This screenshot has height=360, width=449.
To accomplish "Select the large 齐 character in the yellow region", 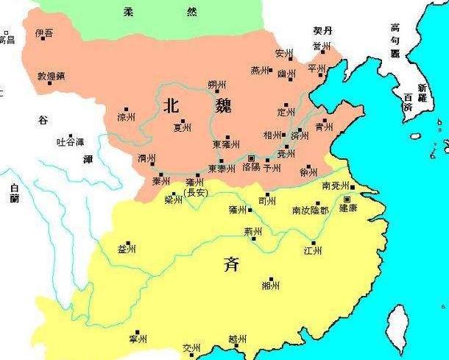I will (230, 264).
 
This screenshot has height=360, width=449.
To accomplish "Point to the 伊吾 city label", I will (45, 33).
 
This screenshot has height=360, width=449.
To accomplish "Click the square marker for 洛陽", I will (252, 158).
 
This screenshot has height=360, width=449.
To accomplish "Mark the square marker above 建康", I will (347, 199).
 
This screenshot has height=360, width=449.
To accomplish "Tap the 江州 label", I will (313, 251).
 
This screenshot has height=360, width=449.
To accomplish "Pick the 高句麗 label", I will (395, 40).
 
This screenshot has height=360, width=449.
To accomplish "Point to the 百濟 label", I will (403, 102).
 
